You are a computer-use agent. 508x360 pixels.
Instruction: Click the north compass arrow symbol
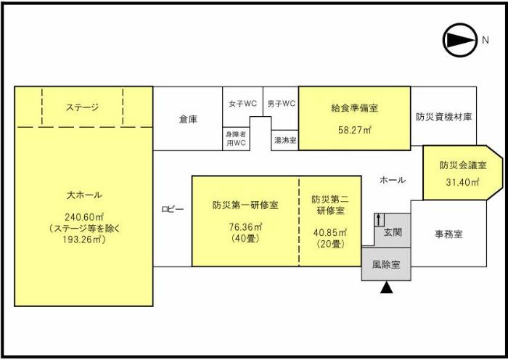pos(459,41)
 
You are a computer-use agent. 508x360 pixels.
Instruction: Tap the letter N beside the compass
pos(485,41)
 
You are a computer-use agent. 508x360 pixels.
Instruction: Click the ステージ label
pos(82,107)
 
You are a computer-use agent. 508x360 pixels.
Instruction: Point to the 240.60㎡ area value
pos(83,216)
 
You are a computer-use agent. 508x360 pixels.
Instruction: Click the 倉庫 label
pos(188,119)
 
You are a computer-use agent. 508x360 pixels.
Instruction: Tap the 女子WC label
pos(242,104)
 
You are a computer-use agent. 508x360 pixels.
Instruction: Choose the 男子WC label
pos(281,104)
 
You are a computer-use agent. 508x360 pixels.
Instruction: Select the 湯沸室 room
pos(284,140)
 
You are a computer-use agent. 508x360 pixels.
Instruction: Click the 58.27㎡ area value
pos(356,130)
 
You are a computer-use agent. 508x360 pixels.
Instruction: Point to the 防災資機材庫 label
pos(444,116)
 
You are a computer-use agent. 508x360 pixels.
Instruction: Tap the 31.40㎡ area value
pos(462,183)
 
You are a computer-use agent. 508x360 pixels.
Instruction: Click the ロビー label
pos(172,210)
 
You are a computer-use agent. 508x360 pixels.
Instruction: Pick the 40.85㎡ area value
pos(330,232)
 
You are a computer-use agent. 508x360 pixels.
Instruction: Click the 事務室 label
pos(448,234)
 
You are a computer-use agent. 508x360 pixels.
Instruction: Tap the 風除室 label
pos(386,266)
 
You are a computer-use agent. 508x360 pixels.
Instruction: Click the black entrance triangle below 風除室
pos(387,289)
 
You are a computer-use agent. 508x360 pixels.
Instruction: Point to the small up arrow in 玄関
pos(378,221)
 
